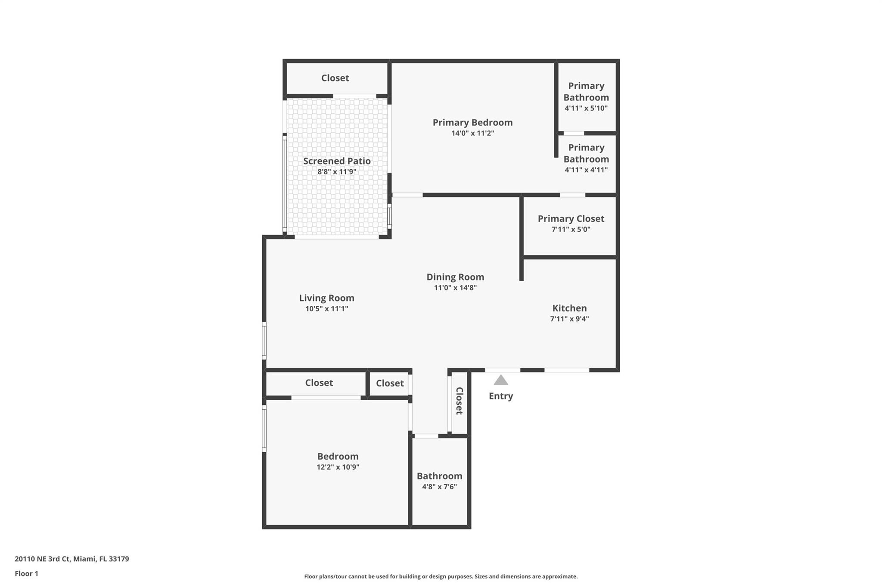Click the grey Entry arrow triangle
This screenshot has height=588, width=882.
pos(500,381)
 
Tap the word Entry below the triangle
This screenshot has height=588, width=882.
pos(500,396)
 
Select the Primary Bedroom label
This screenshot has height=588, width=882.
pos(472,122)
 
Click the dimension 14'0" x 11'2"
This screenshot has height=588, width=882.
pos(472,133)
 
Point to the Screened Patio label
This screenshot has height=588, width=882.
pos(337,161)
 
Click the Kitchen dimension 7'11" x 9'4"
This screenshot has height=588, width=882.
pos(569,319)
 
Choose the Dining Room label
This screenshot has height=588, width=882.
pos(455,277)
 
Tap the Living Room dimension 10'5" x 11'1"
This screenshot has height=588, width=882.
pos(326,308)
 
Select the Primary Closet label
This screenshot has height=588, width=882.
pos(571,218)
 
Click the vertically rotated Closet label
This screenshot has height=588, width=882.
pos(459,401)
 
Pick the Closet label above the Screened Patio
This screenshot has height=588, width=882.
pos(335,78)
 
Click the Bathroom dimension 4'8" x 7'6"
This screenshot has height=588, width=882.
pos(439,487)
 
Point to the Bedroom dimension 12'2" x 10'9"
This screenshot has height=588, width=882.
pos(338,467)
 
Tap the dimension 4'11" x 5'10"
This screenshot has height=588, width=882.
pos(586,108)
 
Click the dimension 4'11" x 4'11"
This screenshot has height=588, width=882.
pos(586,170)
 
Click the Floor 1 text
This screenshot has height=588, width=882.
pos(26,573)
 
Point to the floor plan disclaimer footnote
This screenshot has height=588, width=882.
pos(441,576)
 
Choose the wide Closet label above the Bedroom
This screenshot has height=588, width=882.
pos(319,383)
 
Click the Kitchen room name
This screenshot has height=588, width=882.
pos(569,308)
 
